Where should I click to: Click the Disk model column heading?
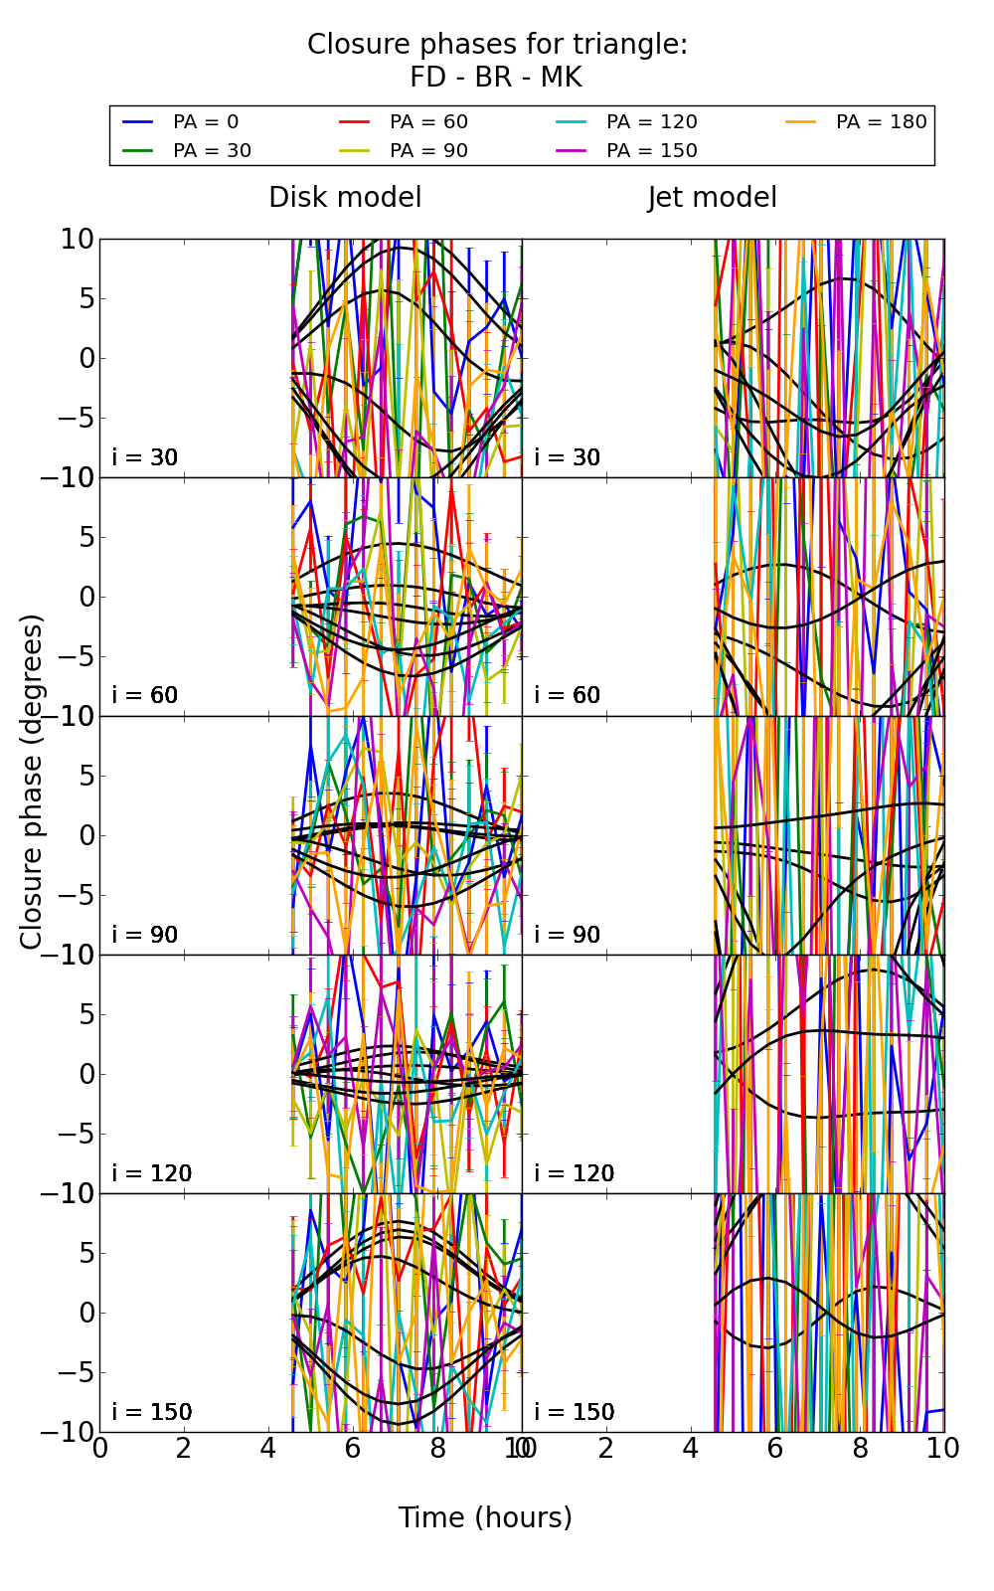click(345, 198)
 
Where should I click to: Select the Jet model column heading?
click(712, 198)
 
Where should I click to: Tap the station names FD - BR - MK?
click(496, 78)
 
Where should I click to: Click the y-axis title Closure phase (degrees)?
click(32, 782)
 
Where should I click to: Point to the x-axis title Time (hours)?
click(485, 1518)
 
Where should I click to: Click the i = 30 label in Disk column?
click(145, 457)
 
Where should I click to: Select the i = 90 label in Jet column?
click(568, 935)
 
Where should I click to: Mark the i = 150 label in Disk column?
click(151, 1412)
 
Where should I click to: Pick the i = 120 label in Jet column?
click(574, 1173)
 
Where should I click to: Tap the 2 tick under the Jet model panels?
click(606, 1449)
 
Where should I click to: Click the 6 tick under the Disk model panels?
click(353, 1449)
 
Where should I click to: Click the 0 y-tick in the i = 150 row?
click(85, 1313)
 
